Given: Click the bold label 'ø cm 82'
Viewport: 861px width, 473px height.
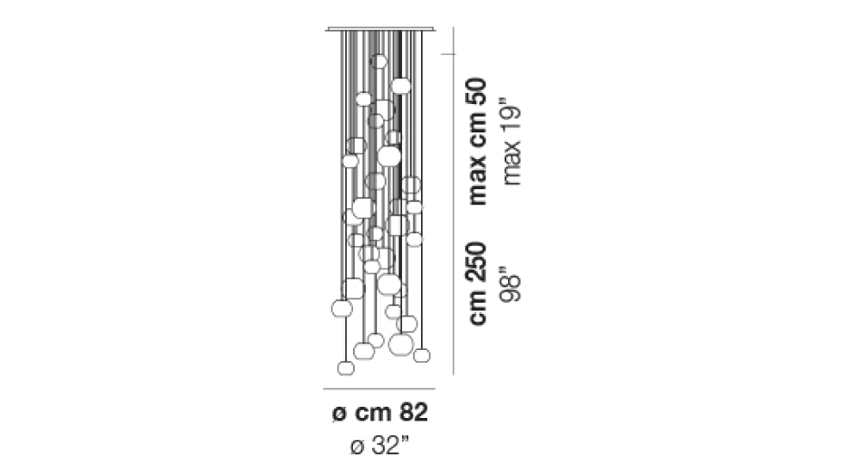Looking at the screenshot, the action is pyautogui.click(x=380, y=413).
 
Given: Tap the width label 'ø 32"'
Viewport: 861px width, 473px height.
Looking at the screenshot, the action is pyautogui.click(x=380, y=445).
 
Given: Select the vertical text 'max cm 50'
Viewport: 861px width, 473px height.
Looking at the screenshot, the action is pyautogui.click(x=477, y=142).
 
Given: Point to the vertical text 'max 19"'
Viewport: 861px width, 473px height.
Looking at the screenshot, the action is pyautogui.click(x=511, y=142).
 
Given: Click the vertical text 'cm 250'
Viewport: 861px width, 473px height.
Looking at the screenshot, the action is pyautogui.click(x=477, y=283).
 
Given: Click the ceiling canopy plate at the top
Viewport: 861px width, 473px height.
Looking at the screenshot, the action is pyautogui.click(x=380, y=29).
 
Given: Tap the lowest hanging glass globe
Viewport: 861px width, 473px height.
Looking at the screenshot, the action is pyautogui.click(x=345, y=367).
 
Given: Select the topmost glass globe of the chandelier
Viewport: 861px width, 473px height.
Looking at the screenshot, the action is pyautogui.click(x=378, y=61).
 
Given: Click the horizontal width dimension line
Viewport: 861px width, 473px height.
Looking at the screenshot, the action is pyautogui.click(x=379, y=389).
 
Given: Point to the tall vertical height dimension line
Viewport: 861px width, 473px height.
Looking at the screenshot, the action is pyautogui.click(x=453, y=201).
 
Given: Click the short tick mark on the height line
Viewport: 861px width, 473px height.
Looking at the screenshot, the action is pyautogui.click(x=449, y=54).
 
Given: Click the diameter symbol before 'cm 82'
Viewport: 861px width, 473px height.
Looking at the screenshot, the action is pyautogui.click(x=339, y=414).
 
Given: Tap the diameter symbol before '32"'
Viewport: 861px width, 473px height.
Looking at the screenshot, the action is pyautogui.click(x=357, y=447).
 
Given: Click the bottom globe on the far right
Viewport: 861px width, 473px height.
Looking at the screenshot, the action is pyautogui.click(x=422, y=355).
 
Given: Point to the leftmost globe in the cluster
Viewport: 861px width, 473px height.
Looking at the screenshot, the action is pyautogui.click(x=342, y=309).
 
